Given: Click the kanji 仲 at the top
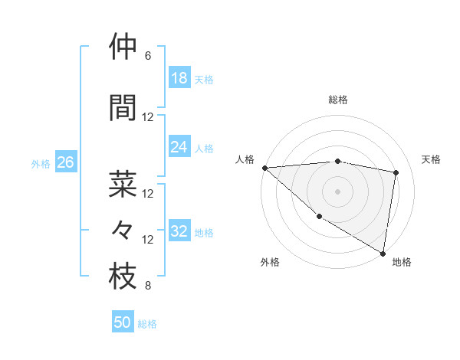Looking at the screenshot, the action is tap(123, 47).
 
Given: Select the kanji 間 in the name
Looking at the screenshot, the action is tap(123, 108).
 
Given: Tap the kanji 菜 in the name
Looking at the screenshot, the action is tap(123, 185).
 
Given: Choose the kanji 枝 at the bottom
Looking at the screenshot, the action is tap(123, 277).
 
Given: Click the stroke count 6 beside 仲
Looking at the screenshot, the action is tap(148, 56).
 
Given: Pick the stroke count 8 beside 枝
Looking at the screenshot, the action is tap(148, 286).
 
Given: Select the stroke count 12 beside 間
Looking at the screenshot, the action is tap(148, 117).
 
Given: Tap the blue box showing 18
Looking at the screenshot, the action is tap(179, 78).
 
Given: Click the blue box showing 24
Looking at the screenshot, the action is tap(179, 147).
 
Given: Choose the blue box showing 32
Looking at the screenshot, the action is tap(179, 231).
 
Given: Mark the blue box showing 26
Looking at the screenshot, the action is tap(65, 162).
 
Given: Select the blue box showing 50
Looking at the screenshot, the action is tap(123, 322).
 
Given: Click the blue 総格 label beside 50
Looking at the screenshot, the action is tap(147, 324).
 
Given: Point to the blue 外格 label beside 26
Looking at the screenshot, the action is tap(41, 163).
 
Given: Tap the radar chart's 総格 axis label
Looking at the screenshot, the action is tap(337, 100).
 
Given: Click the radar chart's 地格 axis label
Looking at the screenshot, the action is tap(402, 262).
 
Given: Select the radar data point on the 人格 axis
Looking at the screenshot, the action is tap(264, 168).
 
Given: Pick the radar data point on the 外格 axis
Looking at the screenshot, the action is tap(319, 216).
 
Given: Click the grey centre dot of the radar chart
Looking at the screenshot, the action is tap(337, 191).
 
